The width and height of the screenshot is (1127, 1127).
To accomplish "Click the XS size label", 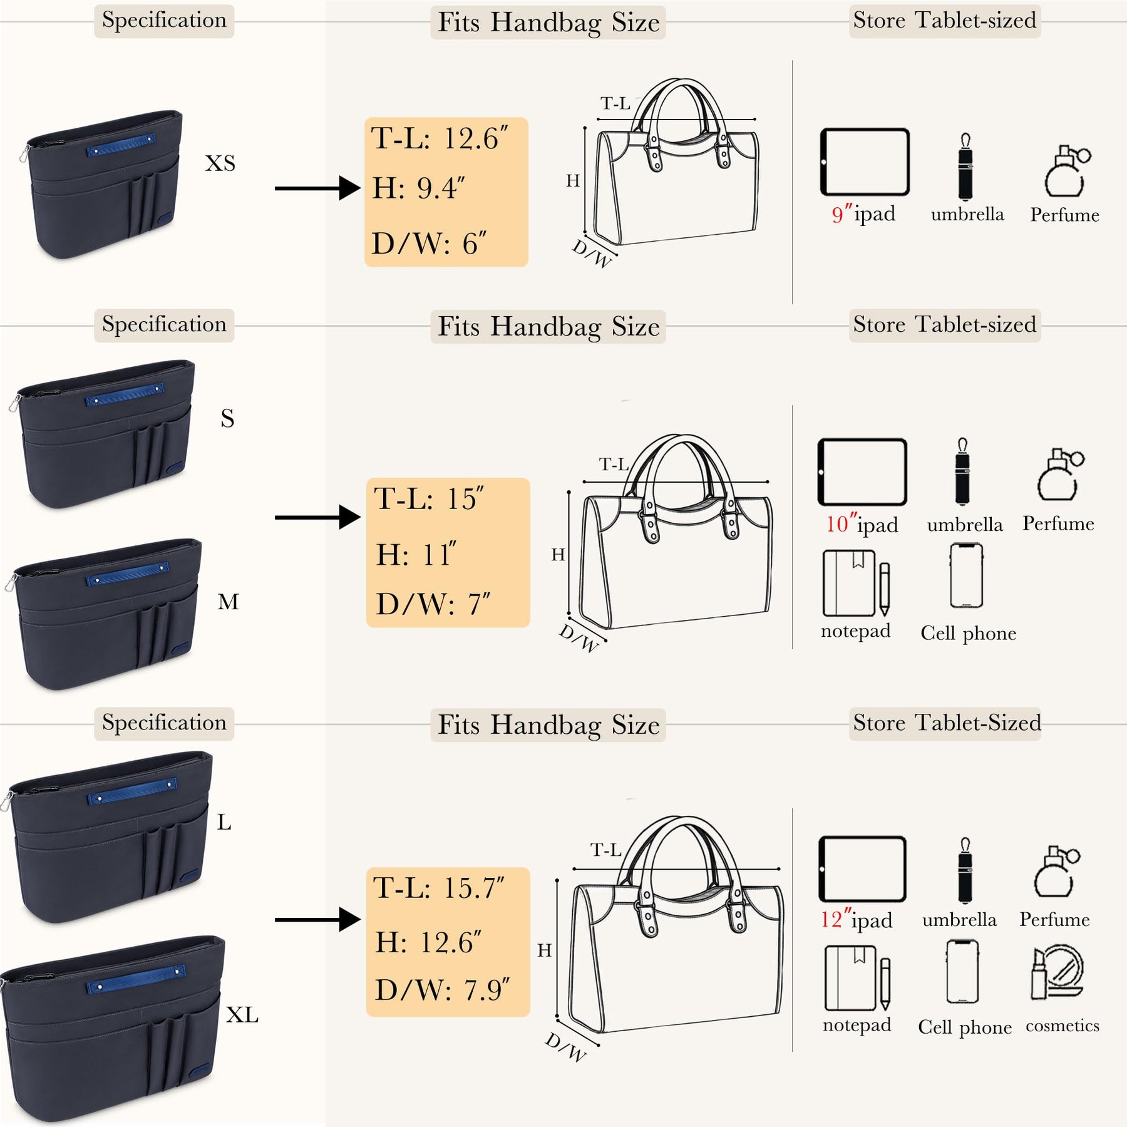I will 220,163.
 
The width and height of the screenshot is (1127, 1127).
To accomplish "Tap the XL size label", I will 242,1015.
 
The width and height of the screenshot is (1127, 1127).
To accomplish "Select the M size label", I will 228,602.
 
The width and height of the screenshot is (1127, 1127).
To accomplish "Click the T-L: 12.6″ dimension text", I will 440,138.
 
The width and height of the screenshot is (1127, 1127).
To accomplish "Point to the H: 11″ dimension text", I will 416,555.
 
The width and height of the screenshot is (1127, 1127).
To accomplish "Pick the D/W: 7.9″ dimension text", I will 442,990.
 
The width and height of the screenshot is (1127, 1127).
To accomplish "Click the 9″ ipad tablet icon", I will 864,162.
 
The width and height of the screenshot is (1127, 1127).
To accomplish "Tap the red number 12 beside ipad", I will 831,920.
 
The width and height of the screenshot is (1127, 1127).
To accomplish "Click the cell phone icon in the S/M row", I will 966,575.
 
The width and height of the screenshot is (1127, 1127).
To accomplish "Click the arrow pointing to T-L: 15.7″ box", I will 318,919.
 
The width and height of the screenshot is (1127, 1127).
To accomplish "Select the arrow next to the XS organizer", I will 318,188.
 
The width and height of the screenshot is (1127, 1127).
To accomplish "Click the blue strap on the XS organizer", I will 121,145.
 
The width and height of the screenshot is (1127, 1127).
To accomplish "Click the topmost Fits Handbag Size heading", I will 548,23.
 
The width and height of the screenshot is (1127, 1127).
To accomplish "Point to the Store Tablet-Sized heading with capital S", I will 946,723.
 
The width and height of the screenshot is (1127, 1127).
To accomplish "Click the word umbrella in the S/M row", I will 965,525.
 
